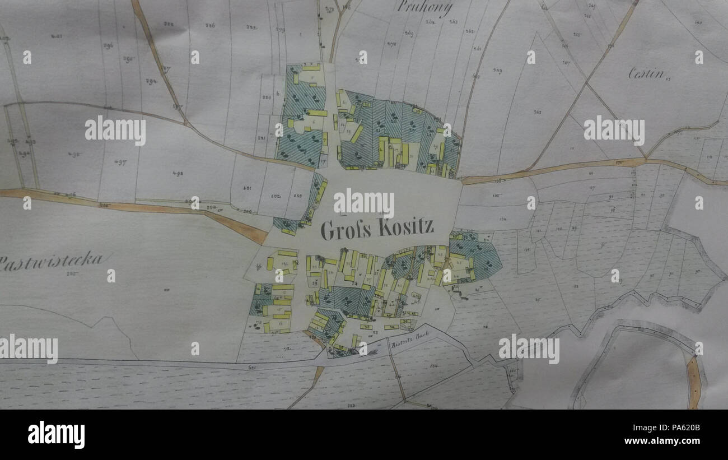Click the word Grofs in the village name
343,230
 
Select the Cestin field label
646,73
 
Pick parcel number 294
151,81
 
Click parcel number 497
121,162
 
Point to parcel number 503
297,196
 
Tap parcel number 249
497,71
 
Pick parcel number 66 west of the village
259,267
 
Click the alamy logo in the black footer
56,435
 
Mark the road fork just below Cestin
645,159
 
